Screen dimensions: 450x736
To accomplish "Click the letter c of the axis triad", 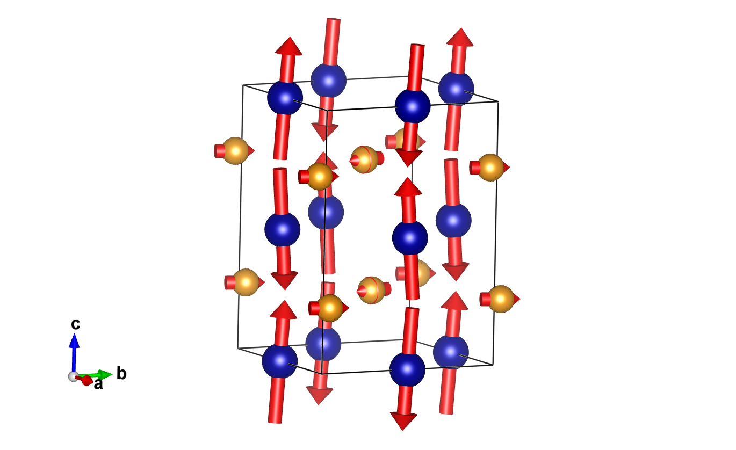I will tap(76, 324).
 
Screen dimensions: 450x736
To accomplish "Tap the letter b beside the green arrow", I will tap(122, 374).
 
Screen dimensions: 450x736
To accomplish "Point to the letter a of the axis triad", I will tap(98, 384).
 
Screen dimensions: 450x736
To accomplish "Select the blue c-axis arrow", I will tap(74, 349).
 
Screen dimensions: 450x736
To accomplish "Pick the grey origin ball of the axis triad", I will tap(73, 376).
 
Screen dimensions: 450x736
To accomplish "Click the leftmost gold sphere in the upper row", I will tap(235, 151).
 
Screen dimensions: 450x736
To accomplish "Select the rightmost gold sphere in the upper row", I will tap(490, 167).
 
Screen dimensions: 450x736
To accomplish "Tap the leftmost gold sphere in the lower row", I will tap(246, 282).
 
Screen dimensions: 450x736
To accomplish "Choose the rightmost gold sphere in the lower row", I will tap(501, 299).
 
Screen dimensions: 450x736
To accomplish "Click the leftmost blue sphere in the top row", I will tap(285, 98).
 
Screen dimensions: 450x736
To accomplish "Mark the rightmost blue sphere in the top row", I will tap(456, 89).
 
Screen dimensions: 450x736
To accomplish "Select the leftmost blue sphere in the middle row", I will tap(282, 230).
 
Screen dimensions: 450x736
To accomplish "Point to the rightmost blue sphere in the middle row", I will tap(453, 220).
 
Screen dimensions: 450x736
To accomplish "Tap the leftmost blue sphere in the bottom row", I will tap(279, 361).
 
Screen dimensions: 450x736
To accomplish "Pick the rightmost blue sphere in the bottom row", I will tap(451, 352).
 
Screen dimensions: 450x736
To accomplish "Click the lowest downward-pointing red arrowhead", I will tap(403, 422).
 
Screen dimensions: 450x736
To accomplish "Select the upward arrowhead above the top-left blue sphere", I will tap(289, 46).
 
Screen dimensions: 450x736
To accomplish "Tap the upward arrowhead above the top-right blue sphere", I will tap(460, 37).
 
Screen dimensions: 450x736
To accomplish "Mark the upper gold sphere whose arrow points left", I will tap(364, 159).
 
